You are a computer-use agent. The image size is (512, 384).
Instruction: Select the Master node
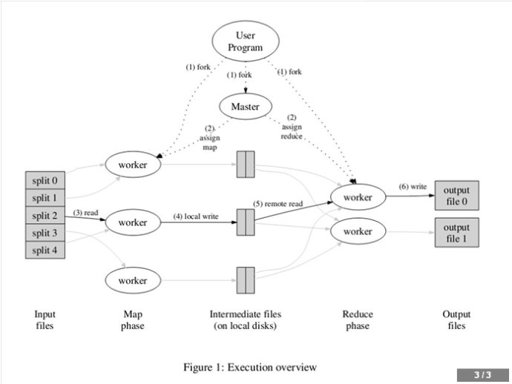click(x=245, y=107)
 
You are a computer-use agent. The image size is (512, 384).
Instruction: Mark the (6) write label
click(x=413, y=186)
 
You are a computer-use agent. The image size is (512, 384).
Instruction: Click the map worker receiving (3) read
click(x=133, y=222)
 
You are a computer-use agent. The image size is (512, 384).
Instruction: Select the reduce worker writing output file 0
click(x=358, y=197)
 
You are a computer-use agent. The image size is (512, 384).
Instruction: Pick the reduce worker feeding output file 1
click(x=358, y=232)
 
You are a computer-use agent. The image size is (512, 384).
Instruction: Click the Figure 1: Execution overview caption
click(x=249, y=367)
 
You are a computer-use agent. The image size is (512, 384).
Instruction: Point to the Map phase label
click(x=133, y=320)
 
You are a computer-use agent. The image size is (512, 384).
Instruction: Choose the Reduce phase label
click(x=357, y=320)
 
